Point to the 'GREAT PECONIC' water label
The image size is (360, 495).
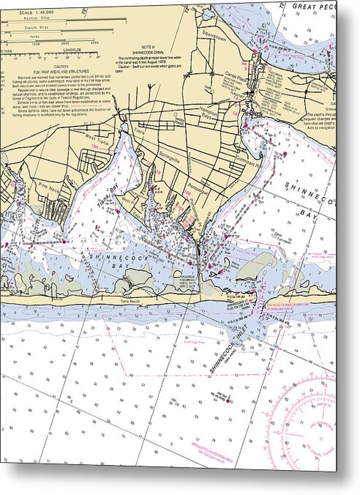[312, 6]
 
